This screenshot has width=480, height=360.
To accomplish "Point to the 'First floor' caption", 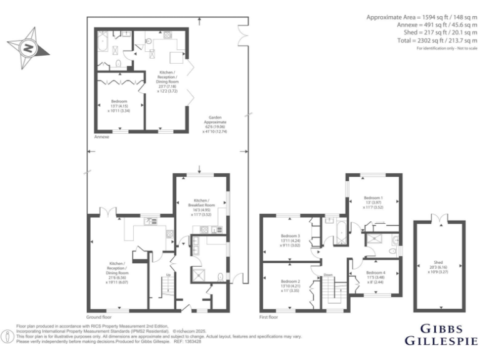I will click(x=269, y=317).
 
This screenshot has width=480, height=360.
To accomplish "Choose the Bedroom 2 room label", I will click(x=290, y=286).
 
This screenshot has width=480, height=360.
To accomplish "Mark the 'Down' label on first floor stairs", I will click(x=327, y=274).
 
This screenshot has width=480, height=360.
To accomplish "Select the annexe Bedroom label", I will click(x=119, y=105).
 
